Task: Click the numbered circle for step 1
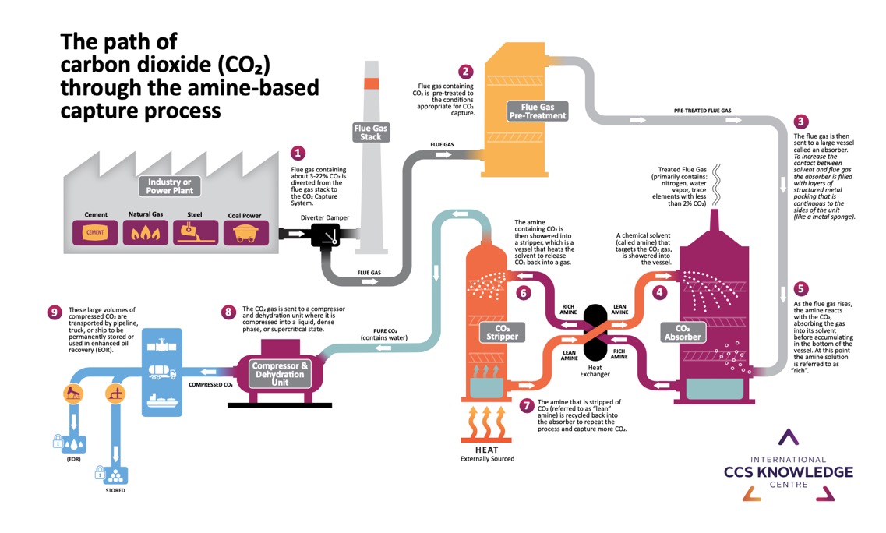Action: point(298,154)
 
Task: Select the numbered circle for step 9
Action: point(54,312)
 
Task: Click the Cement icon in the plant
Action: point(94,231)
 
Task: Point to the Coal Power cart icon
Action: point(246,231)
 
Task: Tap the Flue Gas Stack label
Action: point(370,132)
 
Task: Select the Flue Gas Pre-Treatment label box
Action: point(538,111)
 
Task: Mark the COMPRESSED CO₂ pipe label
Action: point(211,383)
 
